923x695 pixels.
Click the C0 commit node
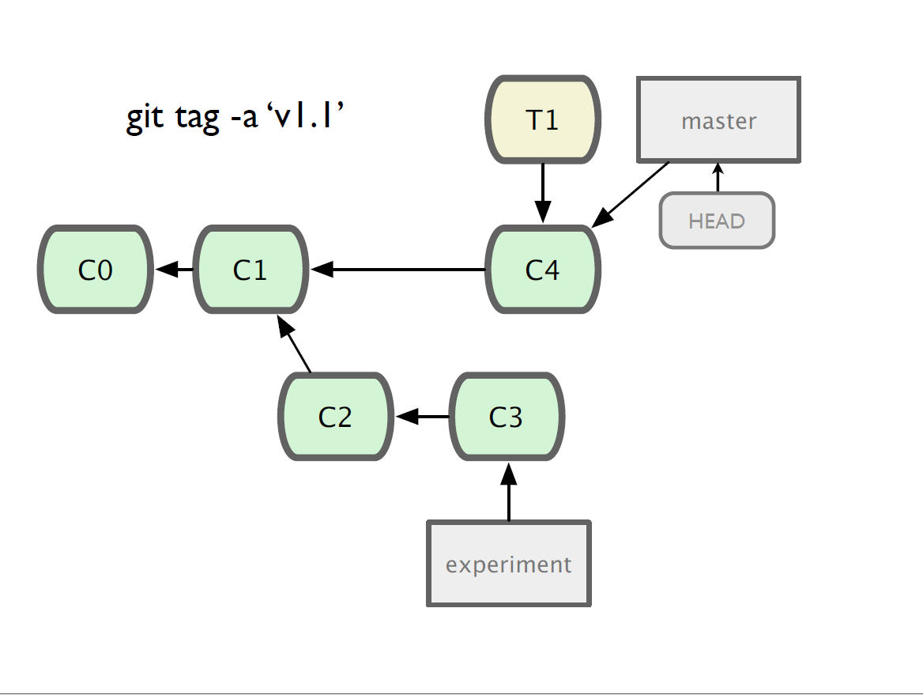pos(96,270)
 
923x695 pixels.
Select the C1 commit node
pos(251,270)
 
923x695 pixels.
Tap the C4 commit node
pos(543,270)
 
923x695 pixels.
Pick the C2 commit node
pos(336,417)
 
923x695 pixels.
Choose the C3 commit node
pos(507,417)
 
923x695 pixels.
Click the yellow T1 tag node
pos(543,119)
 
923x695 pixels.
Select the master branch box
pos(719,119)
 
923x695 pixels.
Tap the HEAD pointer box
pos(717,221)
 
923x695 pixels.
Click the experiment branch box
pos(509,564)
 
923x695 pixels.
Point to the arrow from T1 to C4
pos(543,193)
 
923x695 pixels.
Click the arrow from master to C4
pos(631,195)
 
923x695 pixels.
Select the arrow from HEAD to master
pos(718,177)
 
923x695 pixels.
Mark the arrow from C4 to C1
pos(398,270)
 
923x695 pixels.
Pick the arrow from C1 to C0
pos(174,270)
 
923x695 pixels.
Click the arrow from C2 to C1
pos(294,344)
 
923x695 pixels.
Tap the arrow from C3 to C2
pos(423,417)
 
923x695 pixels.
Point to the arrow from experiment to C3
pos(509,492)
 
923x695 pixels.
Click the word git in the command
pos(145,117)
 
